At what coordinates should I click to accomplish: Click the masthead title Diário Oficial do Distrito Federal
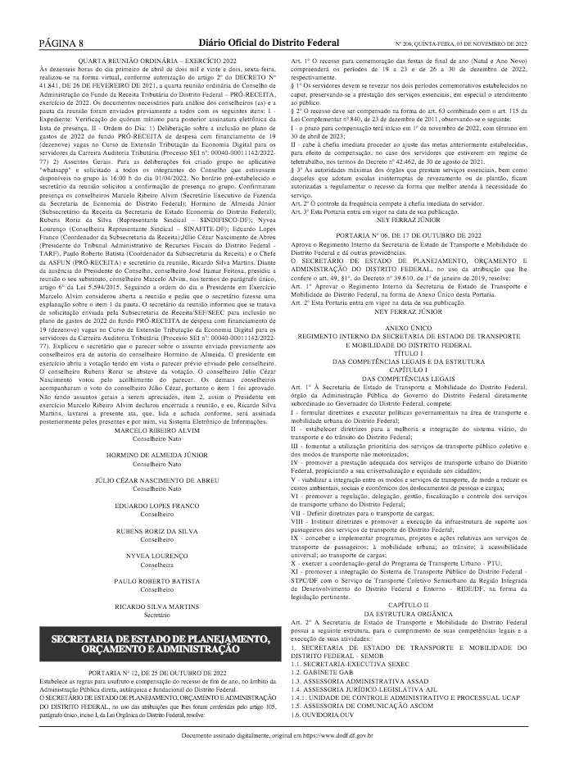click(x=284, y=42)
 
